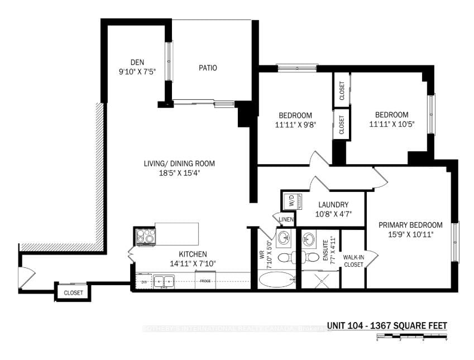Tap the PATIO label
pos(207,68)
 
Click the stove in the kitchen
pos(145,236)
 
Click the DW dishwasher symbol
pos(144,282)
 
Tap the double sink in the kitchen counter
pos(164,282)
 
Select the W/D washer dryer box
pos(290,200)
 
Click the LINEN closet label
pos(286,219)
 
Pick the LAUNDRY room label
pos(334,205)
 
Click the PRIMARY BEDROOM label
pos(410,225)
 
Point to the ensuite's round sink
pos(309,240)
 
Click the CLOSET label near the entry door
pos(73,292)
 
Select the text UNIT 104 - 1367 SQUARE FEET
pos(386,326)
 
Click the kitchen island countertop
pos(176,233)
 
